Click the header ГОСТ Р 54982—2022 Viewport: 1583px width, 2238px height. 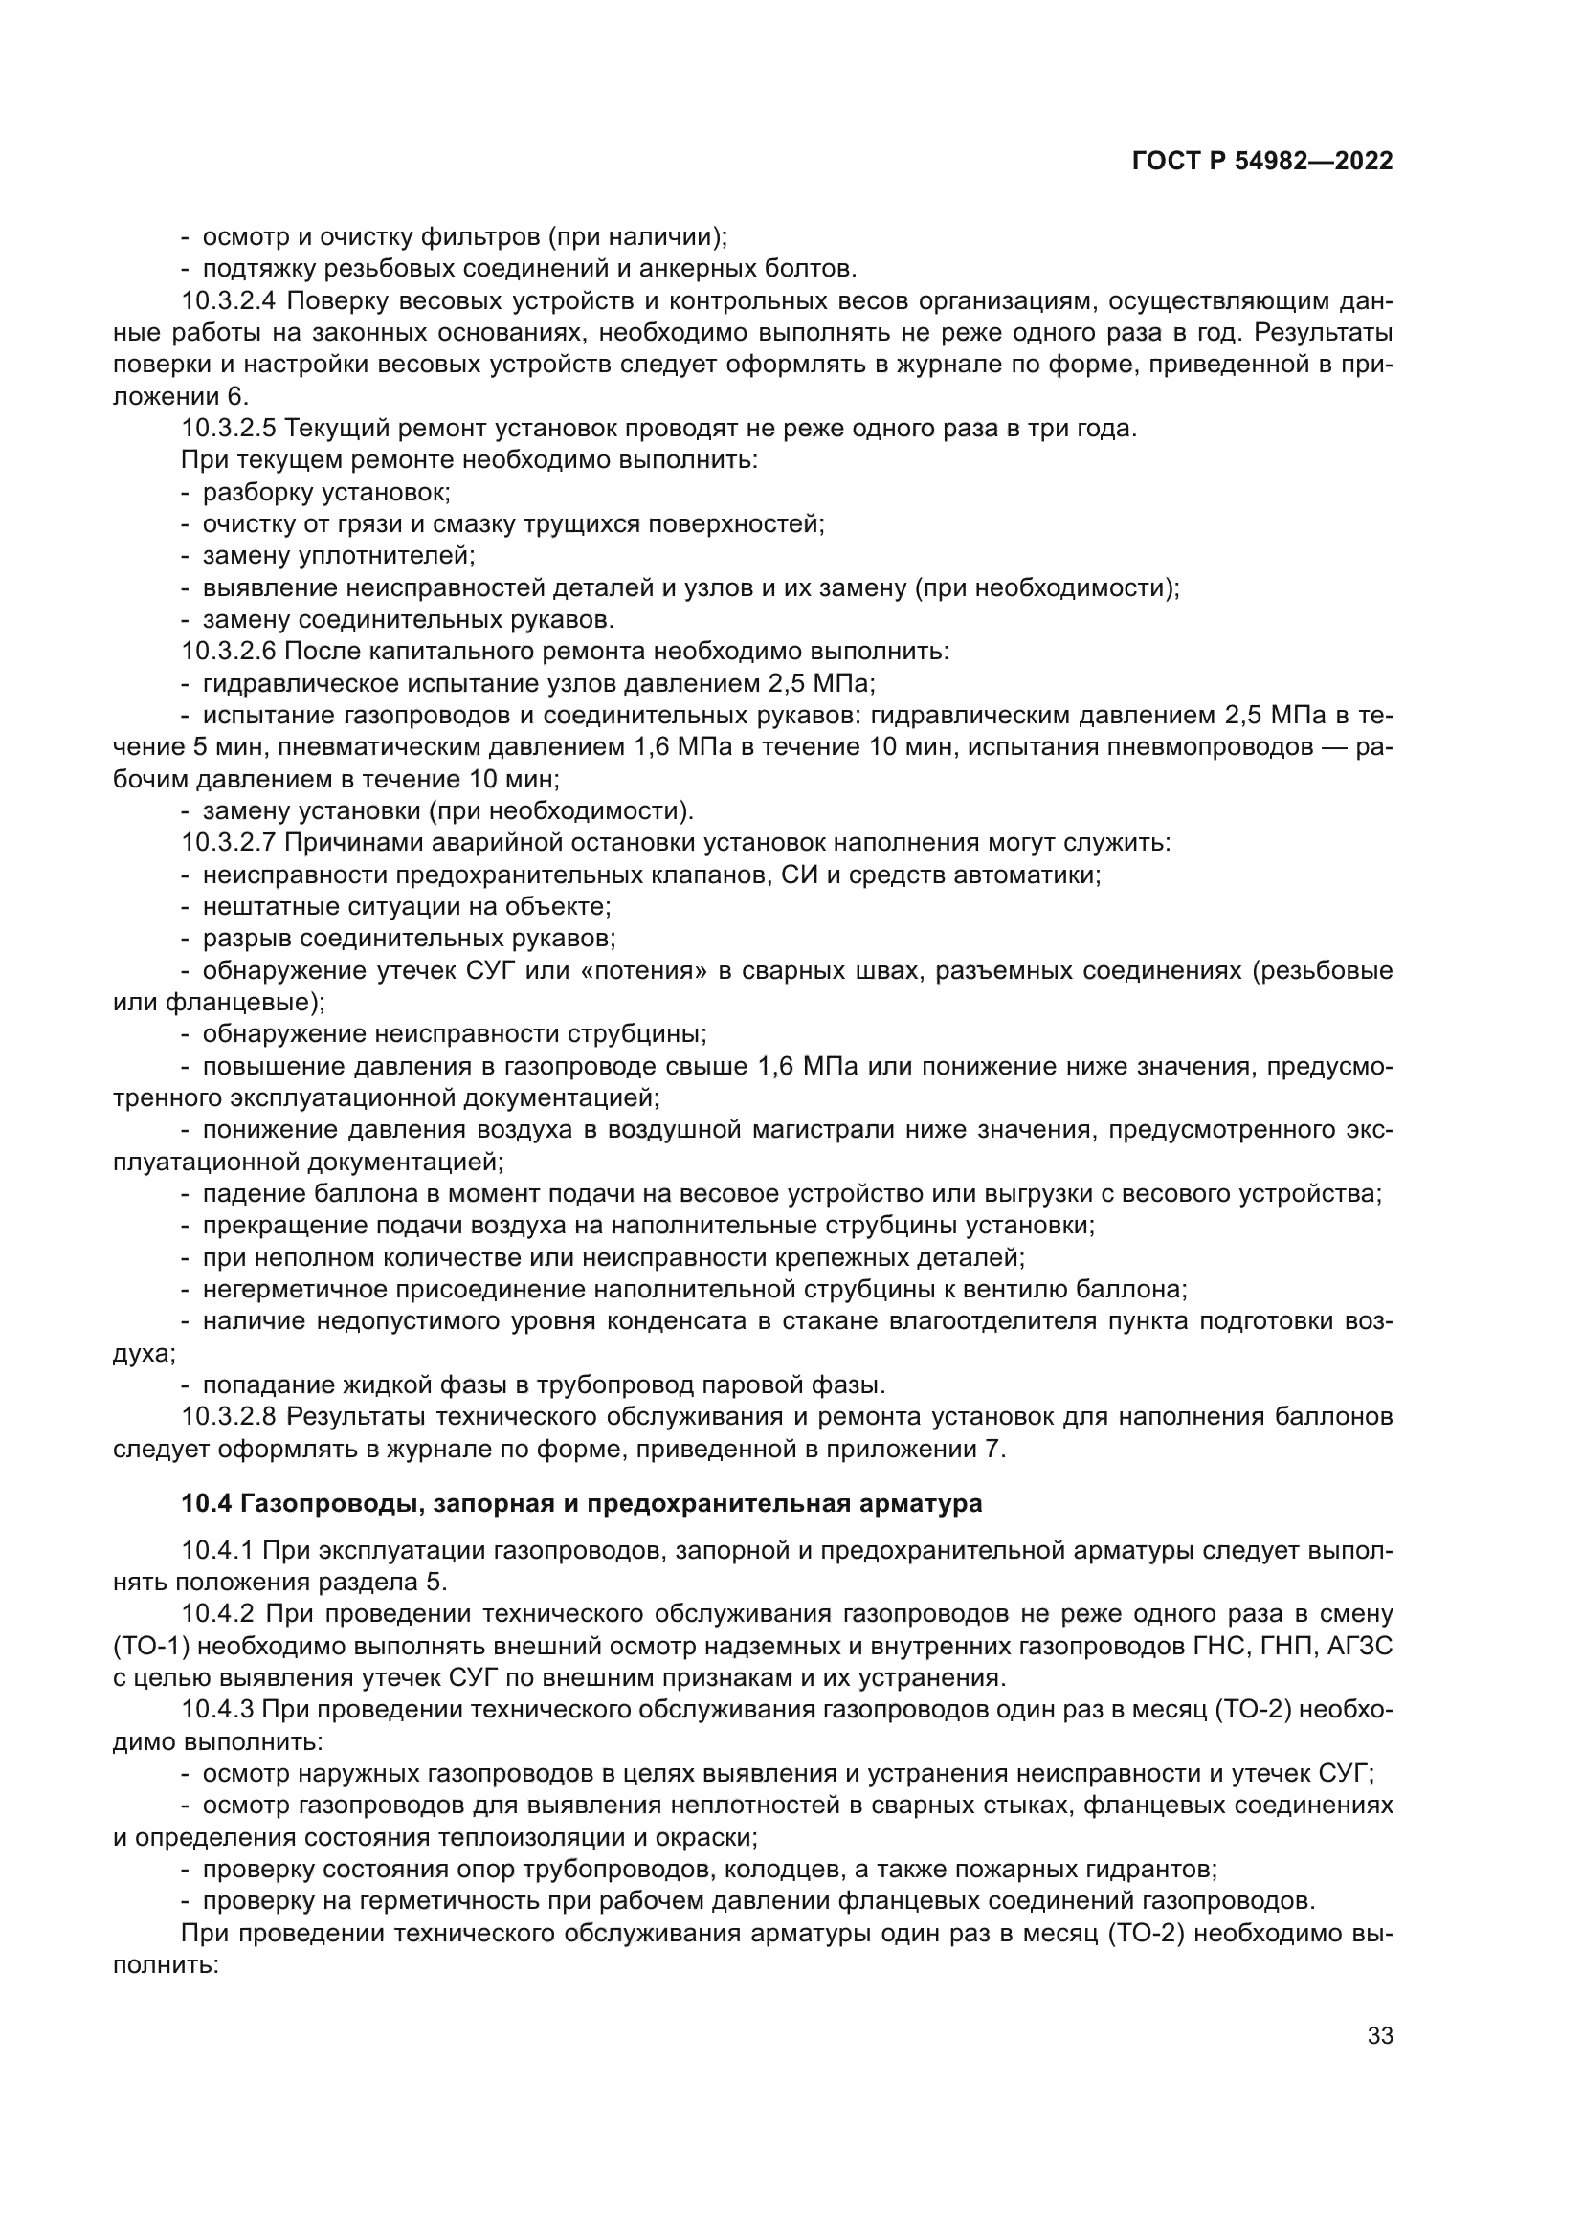(x=1262, y=162)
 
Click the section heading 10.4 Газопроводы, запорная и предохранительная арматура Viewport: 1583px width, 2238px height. (x=581, y=1503)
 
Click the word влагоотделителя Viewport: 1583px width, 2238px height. (x=996, y=1321)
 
